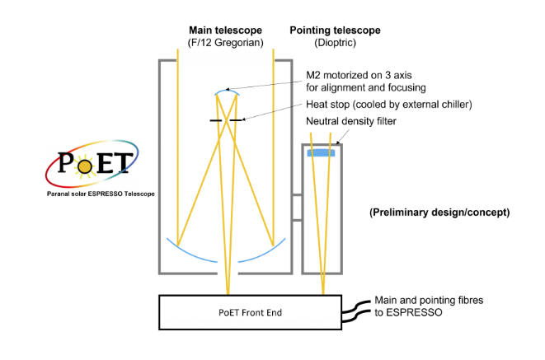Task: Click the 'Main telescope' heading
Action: click(x=226, y=30)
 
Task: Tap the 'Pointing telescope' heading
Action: click(x=335, y=30)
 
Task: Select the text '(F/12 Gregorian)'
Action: click(x=226, y=43)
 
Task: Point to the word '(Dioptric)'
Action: click(x=335, y=43)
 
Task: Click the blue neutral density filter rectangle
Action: click(x=322, y=152)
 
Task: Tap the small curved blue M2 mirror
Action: click(x=225, y=90)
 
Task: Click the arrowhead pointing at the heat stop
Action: click(x=244, y=120)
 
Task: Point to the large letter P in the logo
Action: click(x=66, y=161)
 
